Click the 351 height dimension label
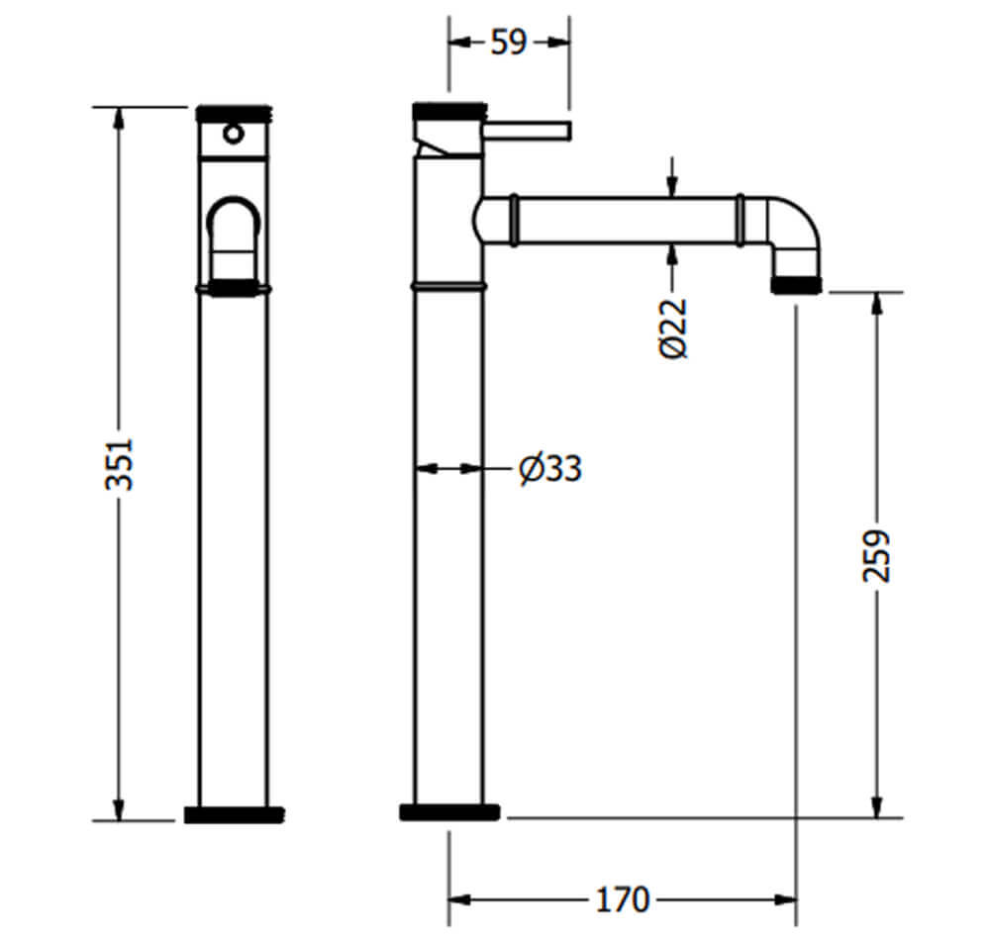[120, 464]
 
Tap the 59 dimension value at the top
[508, 43]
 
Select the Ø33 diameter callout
[549, 469]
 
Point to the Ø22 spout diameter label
[672, 329]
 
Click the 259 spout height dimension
[876, 555]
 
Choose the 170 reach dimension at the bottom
[623, 899]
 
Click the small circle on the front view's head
[234, 134]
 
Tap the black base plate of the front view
[234, 815]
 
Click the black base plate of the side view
[449, 812]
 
